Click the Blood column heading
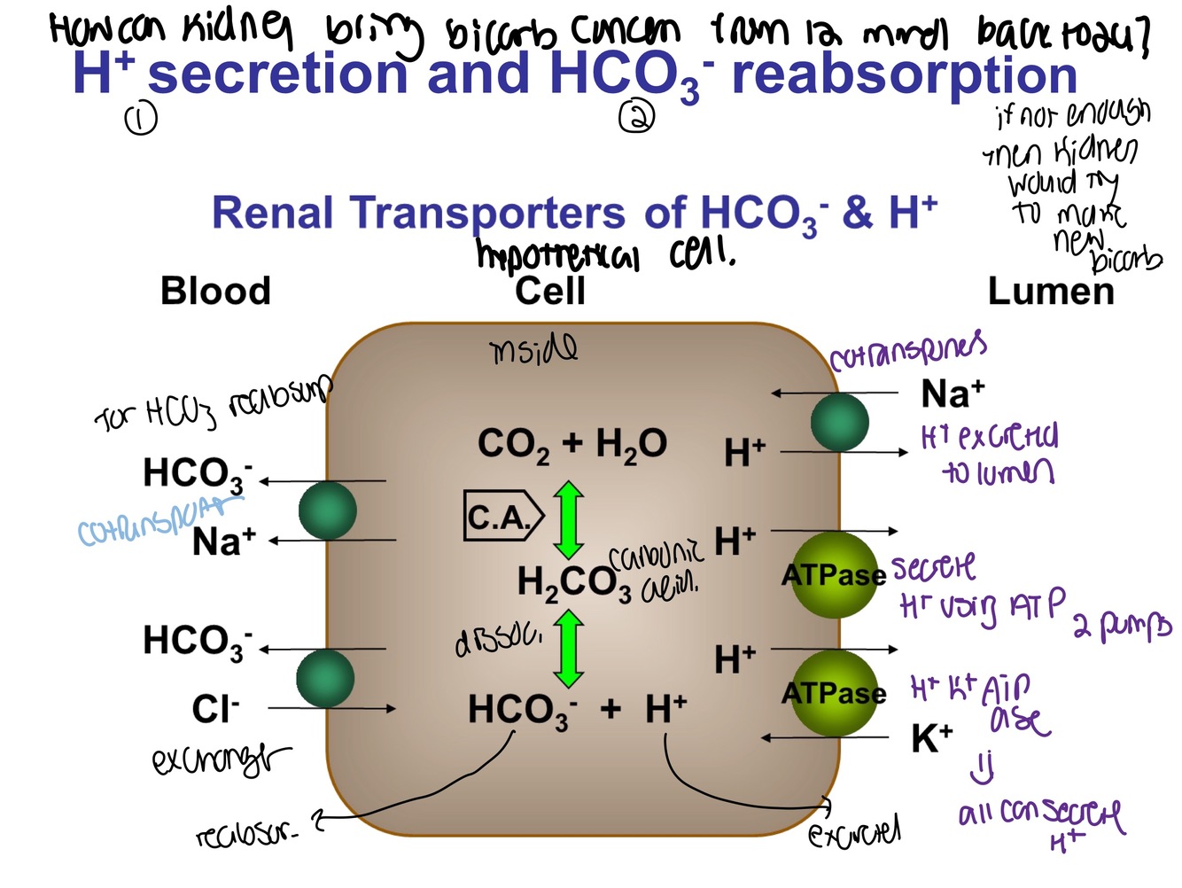click(x=215, y=291)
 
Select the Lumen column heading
click(x=1051, y=291)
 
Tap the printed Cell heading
click(x=550, y=291)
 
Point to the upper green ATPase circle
click(x=834, y=575)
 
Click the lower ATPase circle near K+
click(x=834, y=692)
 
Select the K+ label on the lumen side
click(x=932, y=737)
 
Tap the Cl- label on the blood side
click(x=215, y=708)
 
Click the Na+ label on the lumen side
click(x=953, y=393)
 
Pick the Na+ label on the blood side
click(x=223, y=541)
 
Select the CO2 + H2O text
click(x=572, y=443)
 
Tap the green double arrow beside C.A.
click(x=569, y=519)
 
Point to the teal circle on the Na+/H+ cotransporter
click(x=839, y=422)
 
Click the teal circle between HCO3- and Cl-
click(x=325, y=678)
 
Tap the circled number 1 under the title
click(x=141, y=119)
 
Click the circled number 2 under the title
click(x=637, y=116)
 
